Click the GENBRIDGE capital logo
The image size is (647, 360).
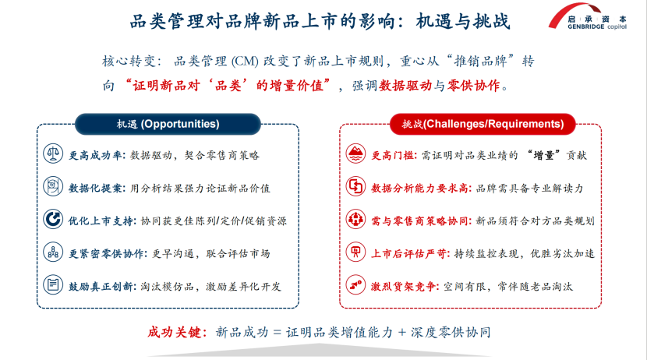pyautogui.click(x=588, y=17)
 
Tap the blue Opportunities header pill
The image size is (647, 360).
pyautogui.click(x=168, y=124)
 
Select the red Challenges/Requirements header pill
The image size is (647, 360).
pyautogui.click(x=483, y=124)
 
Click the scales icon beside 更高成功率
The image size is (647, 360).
pyautogui.click(x=53, y=154)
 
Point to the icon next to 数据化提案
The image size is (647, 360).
pyautogui.click(x=53, y=186)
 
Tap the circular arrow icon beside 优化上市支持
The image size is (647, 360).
pyautogui.click(x=53, y=219)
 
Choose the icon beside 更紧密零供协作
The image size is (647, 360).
pyautogui.click(x=53, y=252)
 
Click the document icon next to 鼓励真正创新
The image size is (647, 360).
pyautogui.click(x=53, y=284)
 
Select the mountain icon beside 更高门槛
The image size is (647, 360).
pyautogui.click(x=355, y=154)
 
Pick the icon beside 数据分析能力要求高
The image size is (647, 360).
pyautogui.click(x=355, y=186)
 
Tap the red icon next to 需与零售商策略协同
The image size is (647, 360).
pyautogui.click(x=355, y=219)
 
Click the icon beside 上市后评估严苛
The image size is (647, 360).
pyautogui.click(x=355, y=252)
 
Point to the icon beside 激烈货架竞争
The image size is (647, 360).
pyautogui.click(x=355, y=284)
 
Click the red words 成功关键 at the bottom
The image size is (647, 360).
pyautogui.click(x=174, y=332)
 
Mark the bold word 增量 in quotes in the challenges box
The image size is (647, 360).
pyautogui.click(x=543, y=156)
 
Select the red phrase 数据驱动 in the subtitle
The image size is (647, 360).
pyautogui.click(x=405, y=86)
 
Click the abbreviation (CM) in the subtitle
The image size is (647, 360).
pyautogui.click(x=245, y=62)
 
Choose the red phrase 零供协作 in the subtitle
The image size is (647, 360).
pyautogui.click(x=474, y=86)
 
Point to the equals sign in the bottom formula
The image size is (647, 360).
pyautogui.click(x=277, y=333)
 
